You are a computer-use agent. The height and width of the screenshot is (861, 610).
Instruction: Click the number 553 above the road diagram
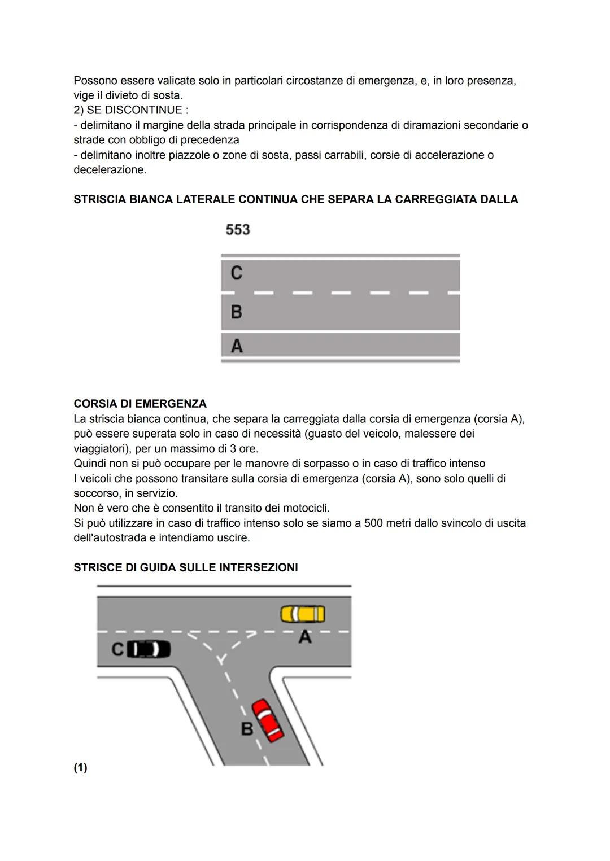[238, 230]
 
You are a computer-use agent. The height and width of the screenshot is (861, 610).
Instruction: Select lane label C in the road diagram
[237, 273]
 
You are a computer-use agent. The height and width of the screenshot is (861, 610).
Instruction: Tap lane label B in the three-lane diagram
[237, 312]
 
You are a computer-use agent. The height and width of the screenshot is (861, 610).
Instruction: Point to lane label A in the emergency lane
[237, 346]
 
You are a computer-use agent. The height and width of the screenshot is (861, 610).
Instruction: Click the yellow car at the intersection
[303, 614]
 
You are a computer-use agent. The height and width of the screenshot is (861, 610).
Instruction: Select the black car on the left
[148, 649]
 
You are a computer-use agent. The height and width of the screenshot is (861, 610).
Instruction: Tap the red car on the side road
[267, 720]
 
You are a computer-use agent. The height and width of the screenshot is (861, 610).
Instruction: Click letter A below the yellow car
[305, 637]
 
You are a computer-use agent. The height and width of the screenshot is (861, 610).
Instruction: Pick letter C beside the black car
[117, 649]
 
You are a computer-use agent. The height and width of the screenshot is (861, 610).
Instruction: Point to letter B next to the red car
[247, 729]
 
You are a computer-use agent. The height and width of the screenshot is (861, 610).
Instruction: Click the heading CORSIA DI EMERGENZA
[140, 404]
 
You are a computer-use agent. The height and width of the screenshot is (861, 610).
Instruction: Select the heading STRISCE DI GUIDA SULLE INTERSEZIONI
[186, 567]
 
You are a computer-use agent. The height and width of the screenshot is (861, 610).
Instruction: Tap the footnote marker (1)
[80, 767]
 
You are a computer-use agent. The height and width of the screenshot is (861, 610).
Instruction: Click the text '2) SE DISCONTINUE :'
[131, 110]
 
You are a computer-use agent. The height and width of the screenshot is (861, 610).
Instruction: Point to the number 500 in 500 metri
[373, 523]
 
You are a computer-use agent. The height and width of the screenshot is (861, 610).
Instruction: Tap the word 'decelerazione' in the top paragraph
[109, 170]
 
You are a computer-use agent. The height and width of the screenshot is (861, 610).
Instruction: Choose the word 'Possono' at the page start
[95, 81]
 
